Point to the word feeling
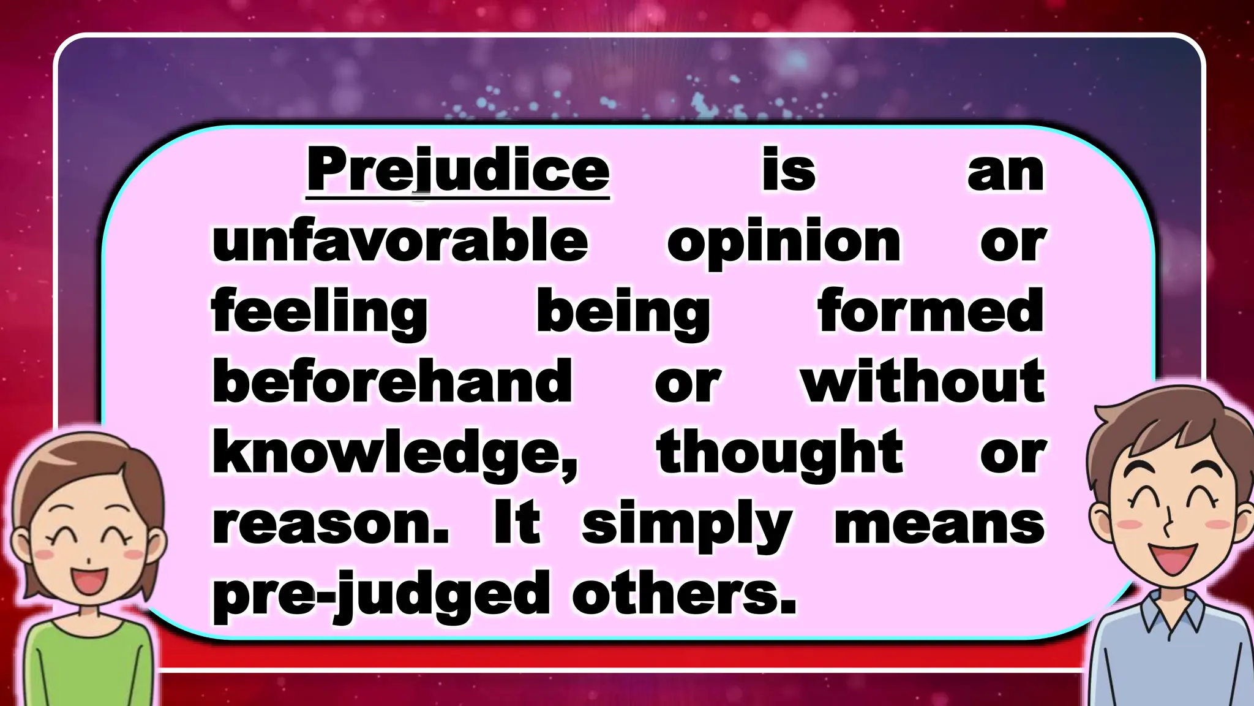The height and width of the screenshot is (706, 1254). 320,313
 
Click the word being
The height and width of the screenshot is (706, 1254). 623,313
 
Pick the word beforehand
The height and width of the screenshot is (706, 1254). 392,381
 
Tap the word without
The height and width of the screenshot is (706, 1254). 923,381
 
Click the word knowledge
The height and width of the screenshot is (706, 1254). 394,454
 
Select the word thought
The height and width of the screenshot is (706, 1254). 779,454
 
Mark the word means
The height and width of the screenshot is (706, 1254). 939,525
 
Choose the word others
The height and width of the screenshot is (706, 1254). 684,593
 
